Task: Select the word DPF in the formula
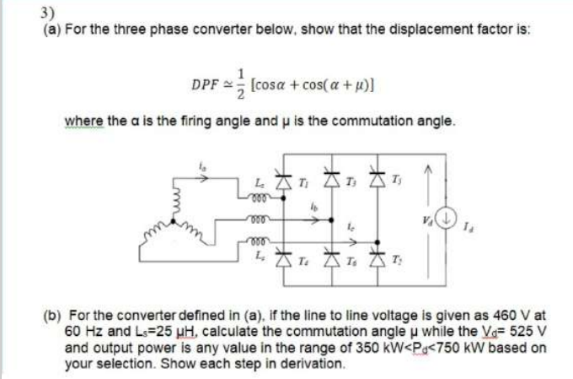click(x=205, y=84)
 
